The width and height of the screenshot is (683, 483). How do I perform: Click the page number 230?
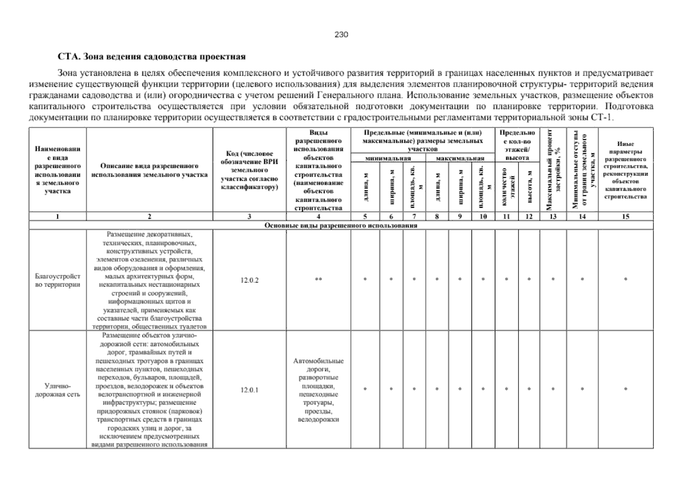pos(341,35)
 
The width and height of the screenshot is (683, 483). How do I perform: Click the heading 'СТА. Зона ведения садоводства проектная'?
pos(151,56)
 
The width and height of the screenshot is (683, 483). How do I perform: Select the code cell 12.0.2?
pos(249,280)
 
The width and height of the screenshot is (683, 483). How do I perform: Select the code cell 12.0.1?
pos(249,390)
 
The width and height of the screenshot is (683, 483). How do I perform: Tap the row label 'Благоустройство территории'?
pos(58,281)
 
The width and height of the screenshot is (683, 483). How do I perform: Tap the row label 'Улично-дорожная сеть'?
pos(58,390)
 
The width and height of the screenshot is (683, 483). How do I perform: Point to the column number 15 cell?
pos(625,217)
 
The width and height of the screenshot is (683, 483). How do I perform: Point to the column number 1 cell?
pos(58,217)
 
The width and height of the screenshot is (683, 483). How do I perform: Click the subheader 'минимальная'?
pos(388,159)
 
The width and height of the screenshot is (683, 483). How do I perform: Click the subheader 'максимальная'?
pos(460,159)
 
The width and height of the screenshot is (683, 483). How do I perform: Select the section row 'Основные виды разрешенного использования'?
pos(340,225)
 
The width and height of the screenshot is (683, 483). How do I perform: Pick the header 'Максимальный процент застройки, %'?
pos(553,170)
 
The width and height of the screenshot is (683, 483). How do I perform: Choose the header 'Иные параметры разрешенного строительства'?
pos(625,170)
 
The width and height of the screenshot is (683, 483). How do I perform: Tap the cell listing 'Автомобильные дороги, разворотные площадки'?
pos(318,390)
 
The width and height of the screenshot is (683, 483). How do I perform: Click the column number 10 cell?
pos(483,217)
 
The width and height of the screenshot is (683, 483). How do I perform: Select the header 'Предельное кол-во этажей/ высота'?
pos(517,145)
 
